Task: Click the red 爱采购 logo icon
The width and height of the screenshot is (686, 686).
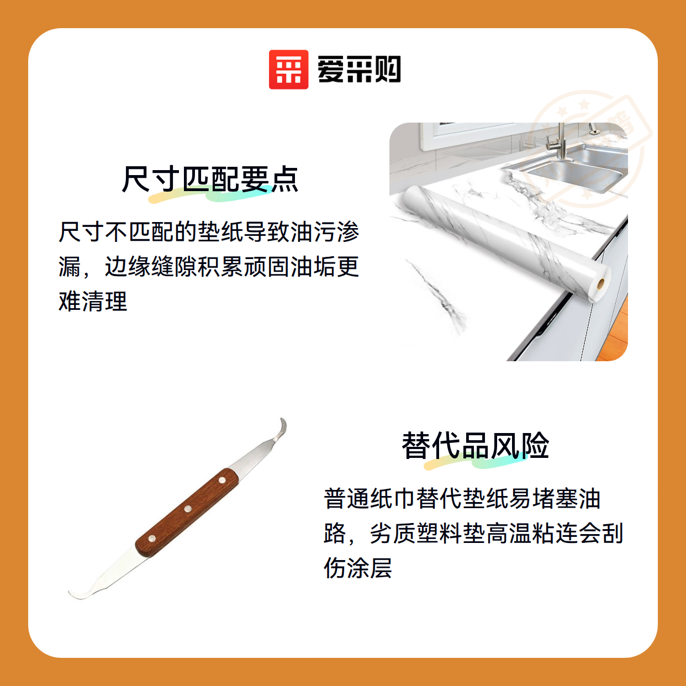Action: point(288,70)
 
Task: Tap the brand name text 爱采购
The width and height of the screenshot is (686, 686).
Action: point(359,70)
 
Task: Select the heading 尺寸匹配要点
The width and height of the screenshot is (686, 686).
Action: point(210,179)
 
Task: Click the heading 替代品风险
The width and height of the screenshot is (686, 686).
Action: point(475,445)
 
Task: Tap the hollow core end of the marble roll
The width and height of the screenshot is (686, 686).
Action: point(600,284)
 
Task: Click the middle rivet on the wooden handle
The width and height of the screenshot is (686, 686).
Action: point(188,509)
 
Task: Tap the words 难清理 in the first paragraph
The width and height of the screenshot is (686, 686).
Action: point(93,301)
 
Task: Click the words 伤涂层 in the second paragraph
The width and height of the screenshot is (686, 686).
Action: point(358,567)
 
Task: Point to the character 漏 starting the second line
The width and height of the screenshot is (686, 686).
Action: point(70,267)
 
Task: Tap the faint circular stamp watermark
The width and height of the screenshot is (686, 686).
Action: point(587,150)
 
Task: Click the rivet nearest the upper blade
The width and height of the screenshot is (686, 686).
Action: point(221,480)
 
